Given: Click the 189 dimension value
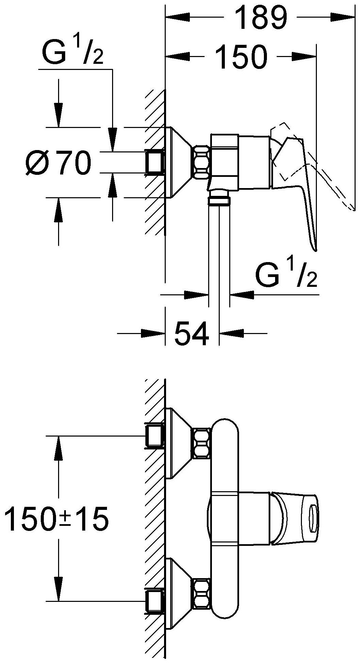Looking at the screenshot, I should [261, 18].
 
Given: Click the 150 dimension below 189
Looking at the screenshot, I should [241, 56].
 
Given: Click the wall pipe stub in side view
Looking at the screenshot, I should [155, 162].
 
